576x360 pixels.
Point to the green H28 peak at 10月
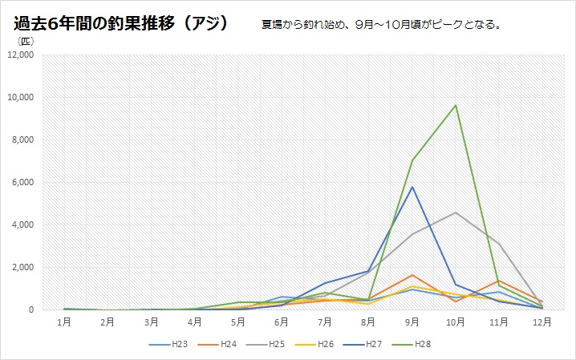click(x=456, y=105)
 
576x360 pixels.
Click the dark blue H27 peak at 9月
click(x=412, y=187)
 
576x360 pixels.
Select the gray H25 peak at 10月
click(x=456, y=212)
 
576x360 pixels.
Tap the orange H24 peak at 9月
click(x=412, y=275)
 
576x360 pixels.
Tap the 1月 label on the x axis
click(x=64, y=322)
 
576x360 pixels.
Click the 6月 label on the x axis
click(x=282, y=322)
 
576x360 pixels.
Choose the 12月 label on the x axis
click(x=542, y=322)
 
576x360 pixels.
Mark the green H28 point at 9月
click(x=412, y=160)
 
